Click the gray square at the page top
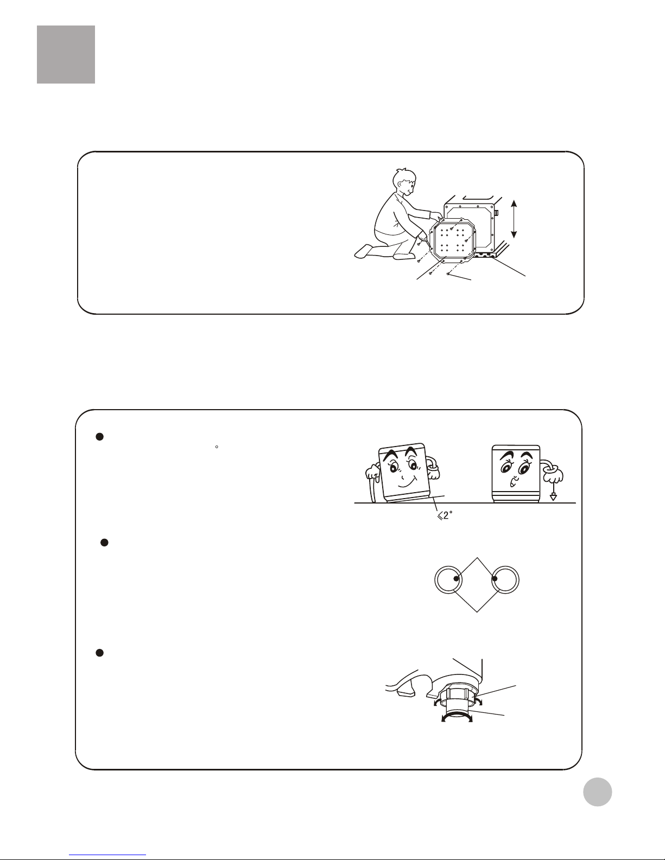(x=66, y=55)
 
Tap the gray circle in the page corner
(x=597, y=792)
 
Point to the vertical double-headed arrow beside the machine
(x=514, y=219)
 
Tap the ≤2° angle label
(x=445, y=515)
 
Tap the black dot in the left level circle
(x=457, y=578)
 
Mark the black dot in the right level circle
(x=495, y=578)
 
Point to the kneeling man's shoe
(x=365, y=251)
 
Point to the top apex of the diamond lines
(x=477, y=558)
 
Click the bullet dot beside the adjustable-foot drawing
(x=100, y=653)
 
